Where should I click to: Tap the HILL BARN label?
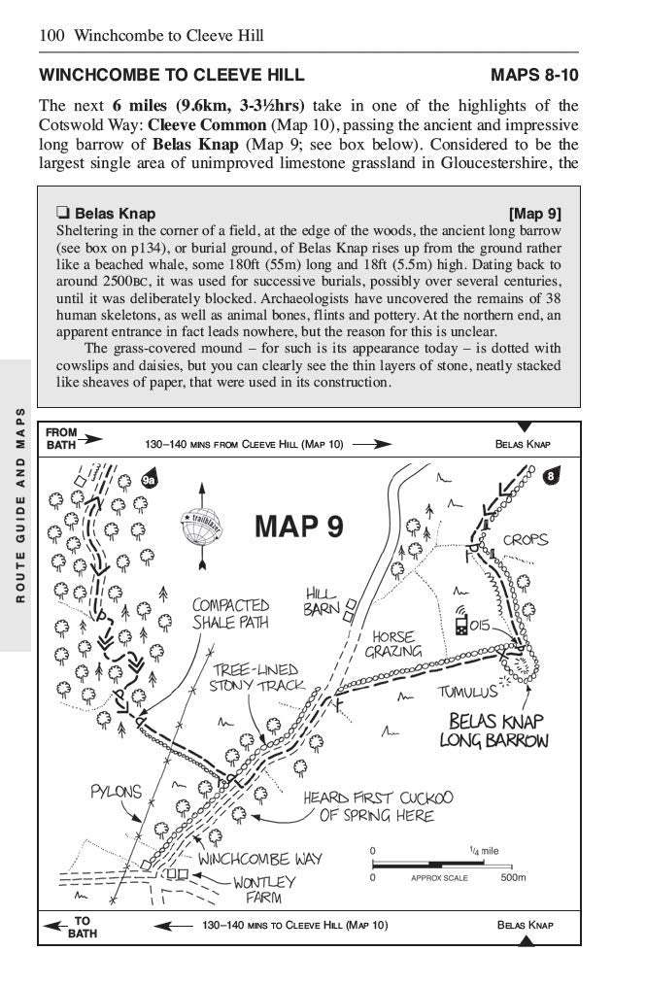(322, 600)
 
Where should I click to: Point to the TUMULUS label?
(467, 692)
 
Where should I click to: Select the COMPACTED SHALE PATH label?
(229, 613)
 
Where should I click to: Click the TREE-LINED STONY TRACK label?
(256, 677)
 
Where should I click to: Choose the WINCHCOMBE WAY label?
(259, 860)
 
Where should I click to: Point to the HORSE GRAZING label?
(393, 645)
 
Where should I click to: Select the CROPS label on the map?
(526, 539)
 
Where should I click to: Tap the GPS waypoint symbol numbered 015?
(461, 624)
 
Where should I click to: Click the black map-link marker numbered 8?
(551, 476)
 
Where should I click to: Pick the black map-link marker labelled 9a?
(149, 479)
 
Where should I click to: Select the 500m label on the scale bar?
(512, 877)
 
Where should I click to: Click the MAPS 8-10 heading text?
(534, 75)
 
